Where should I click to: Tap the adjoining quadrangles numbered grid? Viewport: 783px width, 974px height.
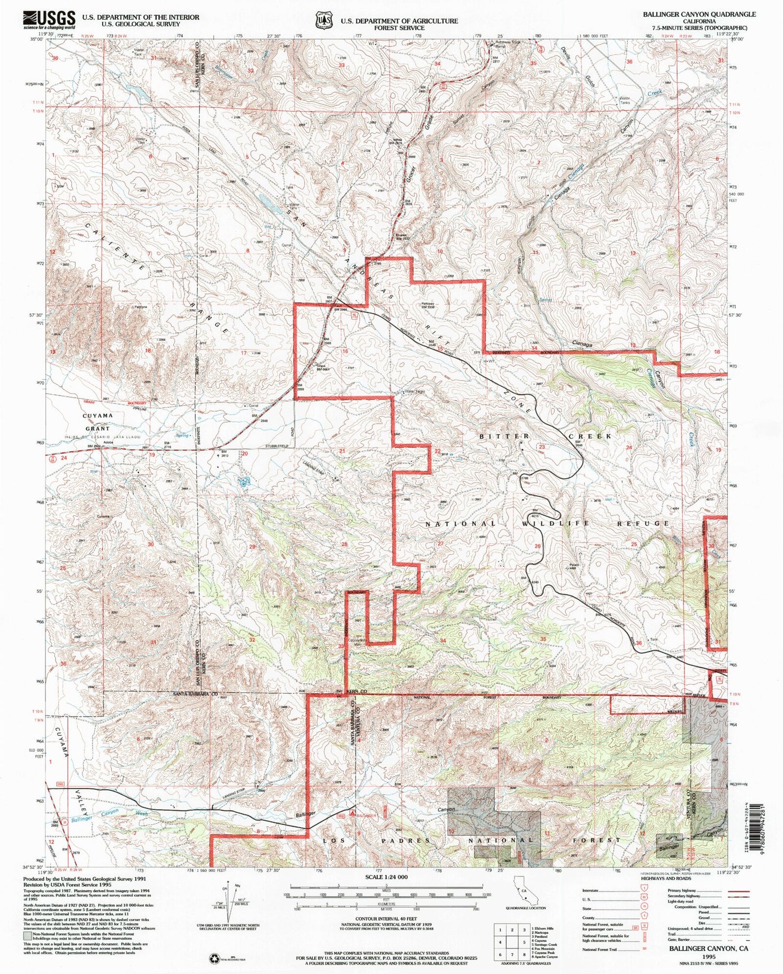coord(512,942)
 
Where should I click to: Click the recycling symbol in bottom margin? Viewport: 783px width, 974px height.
coord(215,958)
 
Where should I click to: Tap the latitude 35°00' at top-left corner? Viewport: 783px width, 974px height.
coord(37,39)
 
